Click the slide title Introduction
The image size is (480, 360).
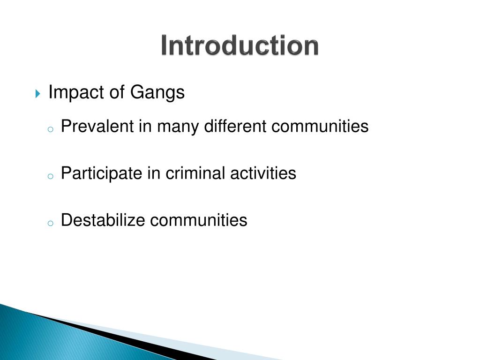coord(240,46)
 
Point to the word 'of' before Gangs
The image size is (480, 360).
coord(117,93)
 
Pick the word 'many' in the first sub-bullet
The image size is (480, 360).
coord(178,127)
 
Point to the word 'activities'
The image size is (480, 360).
coord(263,173)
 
